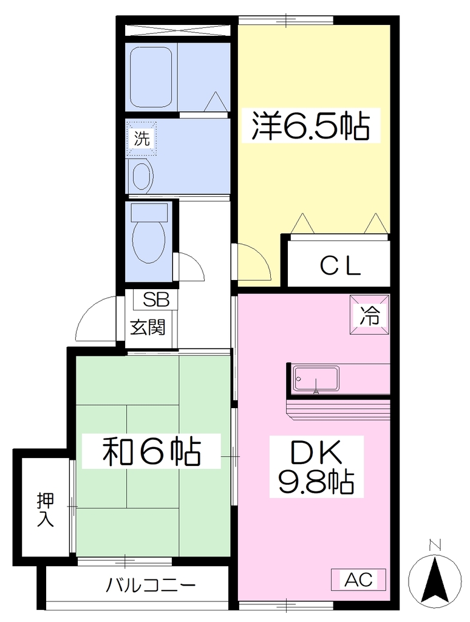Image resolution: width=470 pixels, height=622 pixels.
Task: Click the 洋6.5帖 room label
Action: click(310, 126)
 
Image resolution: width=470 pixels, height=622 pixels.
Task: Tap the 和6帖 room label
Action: click(151, 451)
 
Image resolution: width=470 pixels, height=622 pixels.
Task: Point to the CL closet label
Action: click(340, 266)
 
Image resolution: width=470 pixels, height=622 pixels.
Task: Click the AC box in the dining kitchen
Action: click(358, 579)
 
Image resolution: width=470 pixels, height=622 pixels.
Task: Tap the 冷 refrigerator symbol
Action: click(369, 315)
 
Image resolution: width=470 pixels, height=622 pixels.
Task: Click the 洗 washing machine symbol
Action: click(141, 138)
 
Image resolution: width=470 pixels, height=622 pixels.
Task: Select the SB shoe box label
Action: click(156, 300)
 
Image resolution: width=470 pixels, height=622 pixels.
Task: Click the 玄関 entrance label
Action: click(148, 327)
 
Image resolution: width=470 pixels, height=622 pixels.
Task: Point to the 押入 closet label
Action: click(45, 510)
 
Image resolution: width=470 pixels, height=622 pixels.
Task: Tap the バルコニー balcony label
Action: click(151, 585)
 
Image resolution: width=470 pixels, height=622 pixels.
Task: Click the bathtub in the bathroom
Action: click(151, 77)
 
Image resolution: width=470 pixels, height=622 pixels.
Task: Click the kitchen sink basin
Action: click(316, 378)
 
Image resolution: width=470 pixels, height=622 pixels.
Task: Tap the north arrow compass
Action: click(435, 580)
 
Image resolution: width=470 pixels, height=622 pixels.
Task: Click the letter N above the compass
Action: click(435, 545)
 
